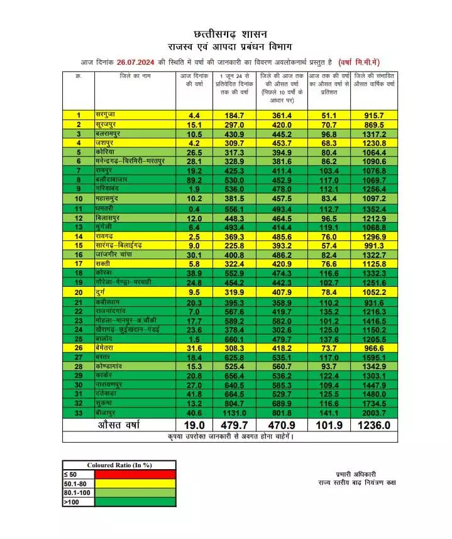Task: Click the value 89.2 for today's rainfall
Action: pos(194,179)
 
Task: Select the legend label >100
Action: pos(70,502)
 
